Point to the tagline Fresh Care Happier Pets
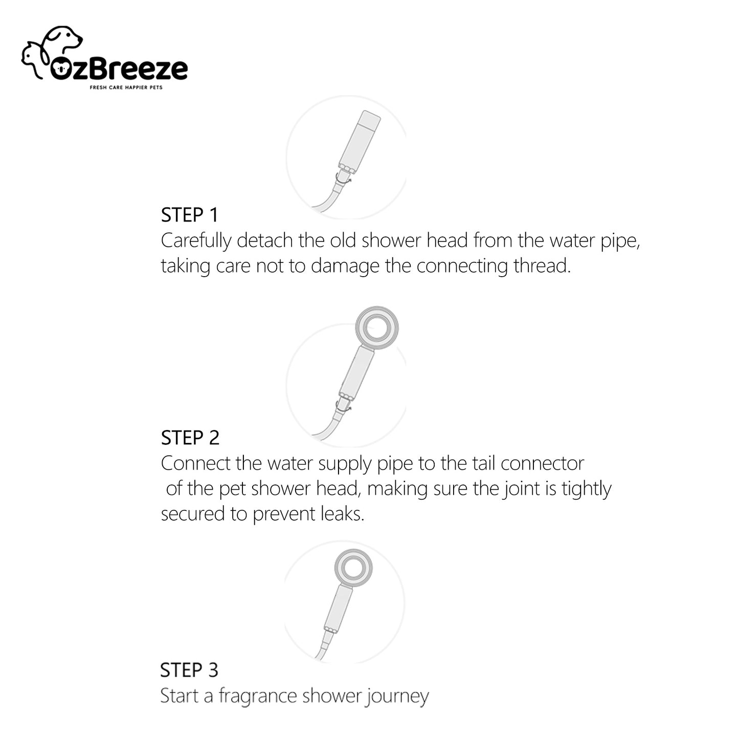[126, 87]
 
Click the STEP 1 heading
[189, 215]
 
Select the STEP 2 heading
[190, 438]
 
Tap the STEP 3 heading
[189, 670]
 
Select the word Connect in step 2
[196, 463]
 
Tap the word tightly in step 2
[586, 489]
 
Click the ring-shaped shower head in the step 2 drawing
[377, 328]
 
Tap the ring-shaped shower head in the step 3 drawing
[353, 568]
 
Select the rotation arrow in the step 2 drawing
[343, 406]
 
